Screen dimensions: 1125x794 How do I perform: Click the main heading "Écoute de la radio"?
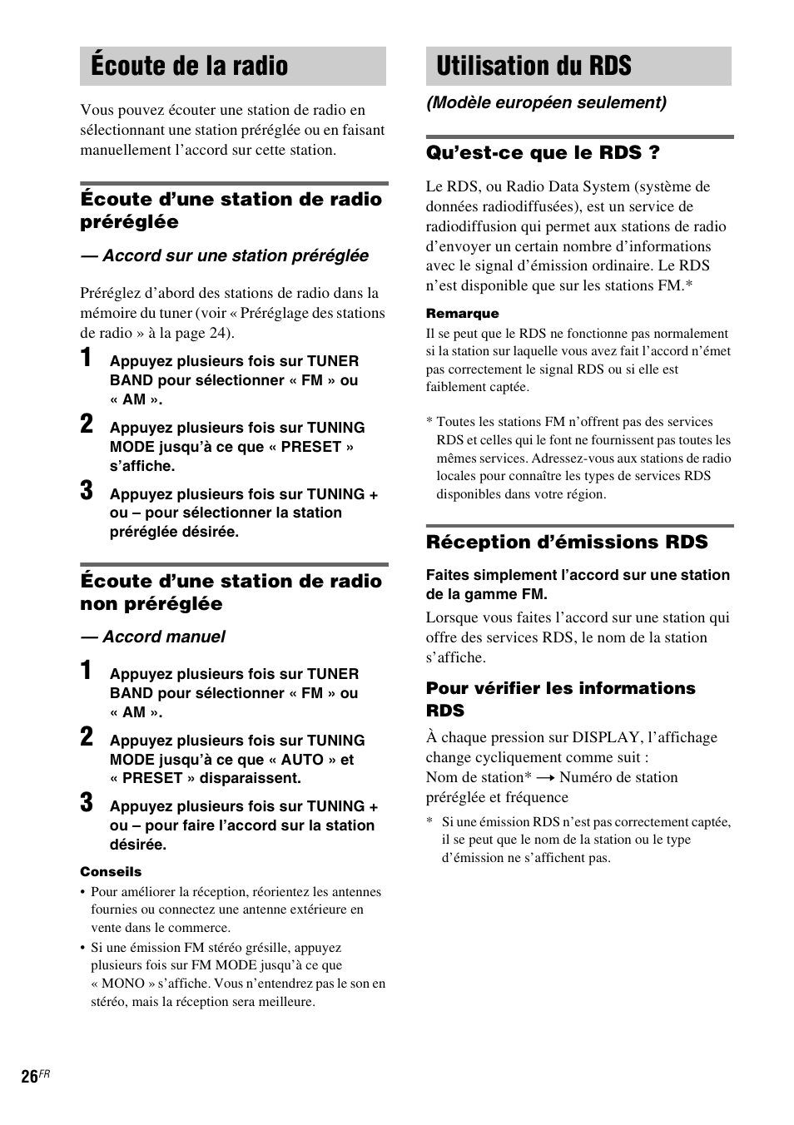(x=190, y=66)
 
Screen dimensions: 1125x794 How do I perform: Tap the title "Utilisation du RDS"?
(x=533, y=66)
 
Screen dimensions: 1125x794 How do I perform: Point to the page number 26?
(x=29, y=1077)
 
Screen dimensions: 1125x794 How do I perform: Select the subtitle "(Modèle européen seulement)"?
(x=546, y=102)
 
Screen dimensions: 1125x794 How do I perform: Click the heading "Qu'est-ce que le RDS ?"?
(x=543, y=152)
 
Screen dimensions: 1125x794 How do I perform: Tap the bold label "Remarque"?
(x=462, y=314)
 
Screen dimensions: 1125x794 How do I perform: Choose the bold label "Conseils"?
(x=111, y=872)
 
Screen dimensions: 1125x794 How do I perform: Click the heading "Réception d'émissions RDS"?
(x=566, y=543)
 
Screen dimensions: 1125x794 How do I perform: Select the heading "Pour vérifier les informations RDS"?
(x=560, y=699)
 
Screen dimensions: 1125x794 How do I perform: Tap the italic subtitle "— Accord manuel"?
(x=152, y=637)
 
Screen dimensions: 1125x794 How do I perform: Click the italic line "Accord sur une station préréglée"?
(x=235, y=256)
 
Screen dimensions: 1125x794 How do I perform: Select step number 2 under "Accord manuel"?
(x=87, y=737)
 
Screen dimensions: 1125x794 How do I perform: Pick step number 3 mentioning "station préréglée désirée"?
(x=87, y=491)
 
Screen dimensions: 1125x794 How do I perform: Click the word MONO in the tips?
(x=123, y=984)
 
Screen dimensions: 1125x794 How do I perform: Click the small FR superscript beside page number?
(x=45, y=1073)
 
